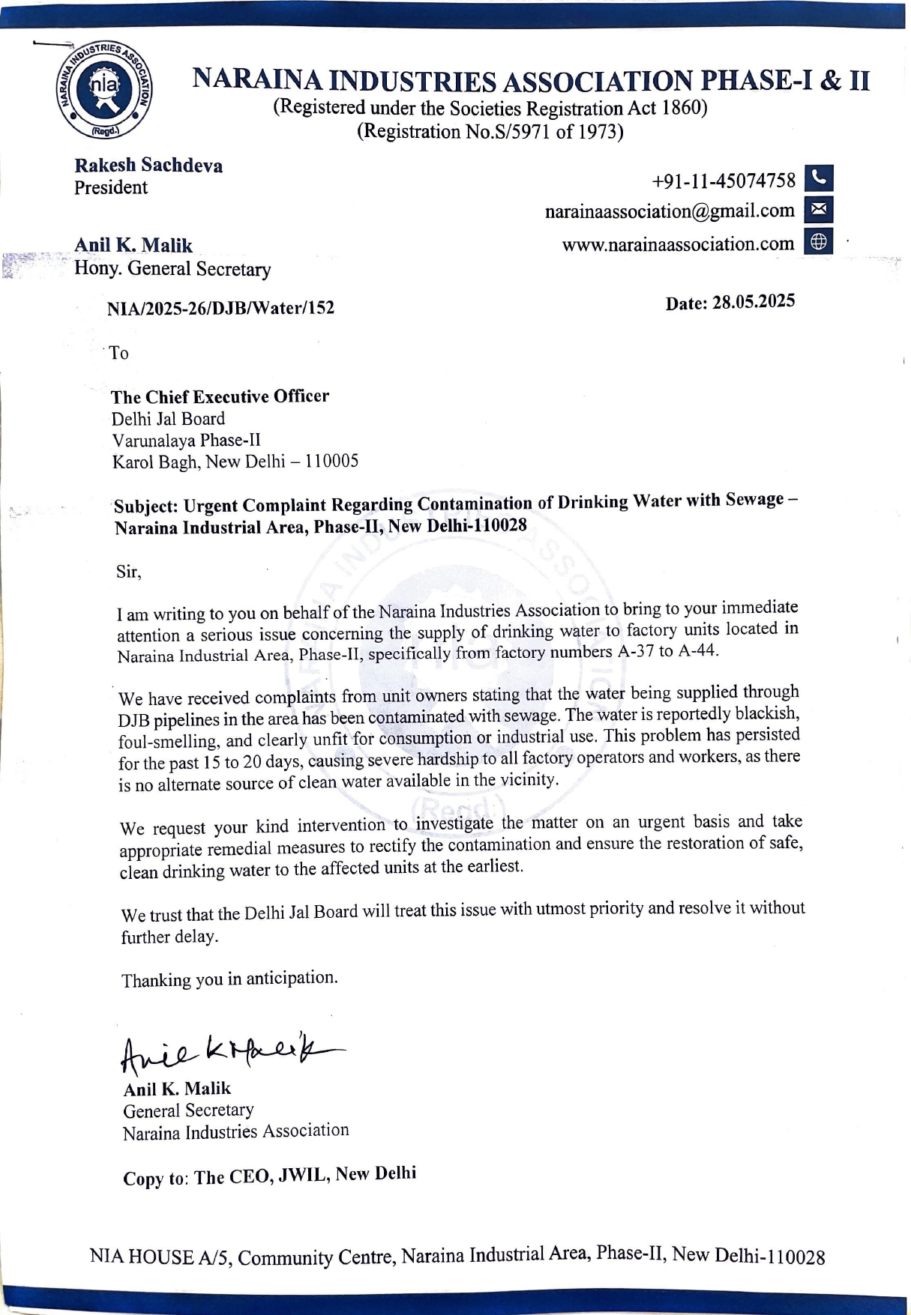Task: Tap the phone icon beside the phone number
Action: [819, 178]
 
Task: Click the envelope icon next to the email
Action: [819, 210]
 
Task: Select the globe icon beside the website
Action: [819, 241]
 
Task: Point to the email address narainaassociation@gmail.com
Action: [670, 212]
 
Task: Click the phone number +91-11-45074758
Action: [724, 181]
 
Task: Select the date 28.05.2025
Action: [753, 302]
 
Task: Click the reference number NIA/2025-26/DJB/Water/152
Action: [220, 308]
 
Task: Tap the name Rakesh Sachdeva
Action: [148, 166]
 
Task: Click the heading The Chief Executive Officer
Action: [220, 396]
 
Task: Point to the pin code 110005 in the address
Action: [331, 461]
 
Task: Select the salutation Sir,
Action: [128, 572]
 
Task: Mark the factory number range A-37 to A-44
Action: [667, 650]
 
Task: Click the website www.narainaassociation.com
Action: [678, 244]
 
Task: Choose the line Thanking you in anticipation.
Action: [229, 979]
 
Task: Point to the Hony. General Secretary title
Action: [172, 269]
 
